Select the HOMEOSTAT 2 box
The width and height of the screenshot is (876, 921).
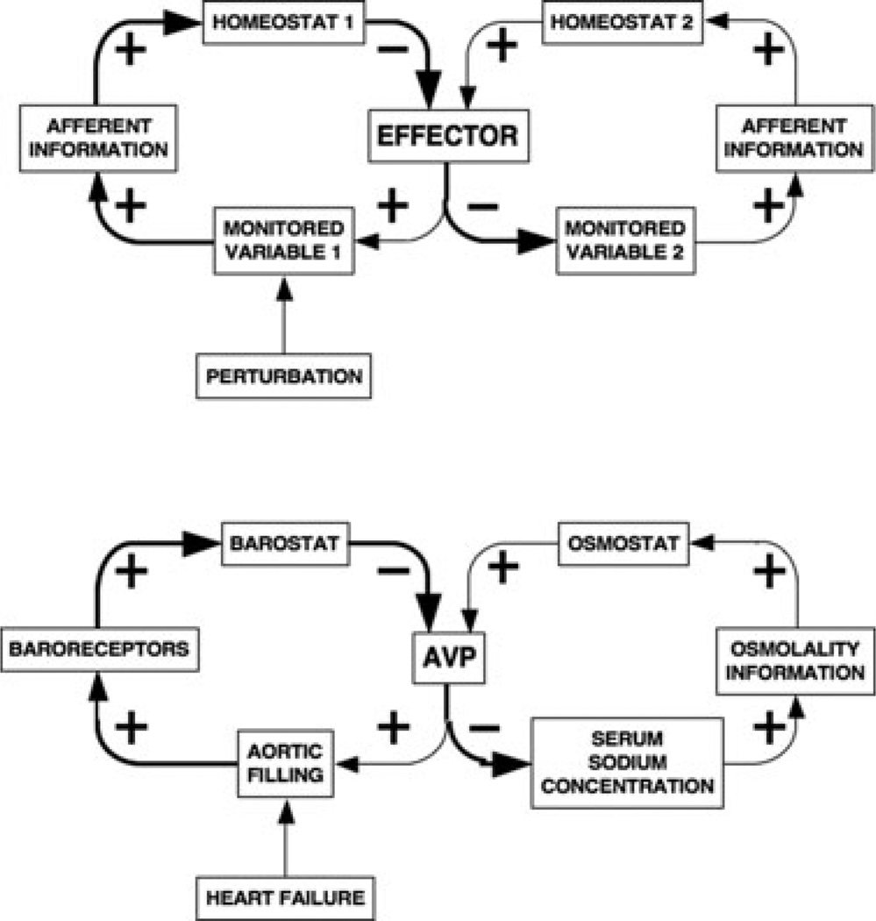pos(620,21)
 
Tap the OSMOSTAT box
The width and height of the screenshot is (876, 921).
pos(623,544)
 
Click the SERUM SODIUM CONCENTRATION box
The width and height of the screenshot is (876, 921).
pos(626,762)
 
